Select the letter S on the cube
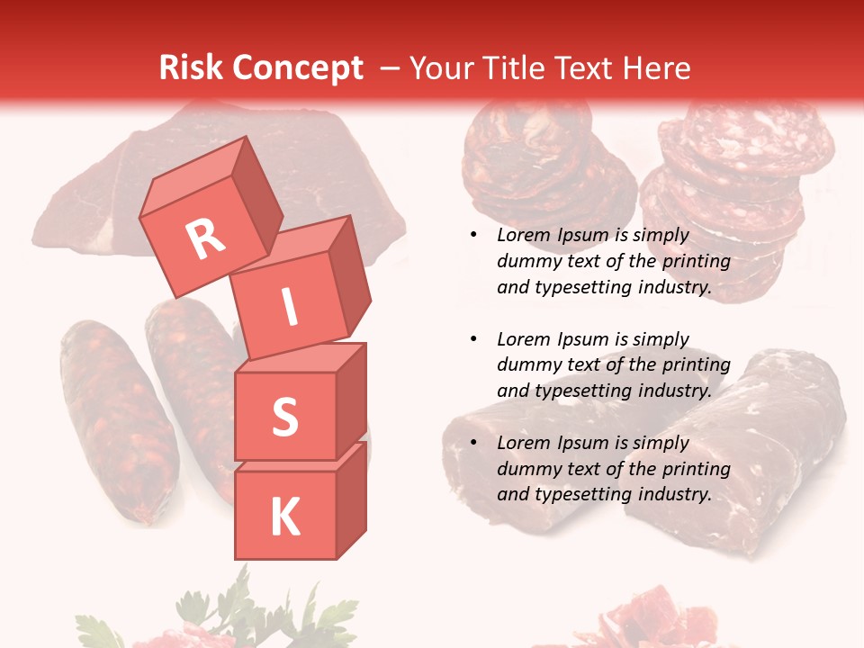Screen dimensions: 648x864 pos(284,417)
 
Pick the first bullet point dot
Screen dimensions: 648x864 pos(473,236)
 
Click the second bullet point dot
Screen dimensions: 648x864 pos(473,339)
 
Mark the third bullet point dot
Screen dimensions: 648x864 pos(473,443)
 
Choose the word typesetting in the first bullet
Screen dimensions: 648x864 pos(579,288)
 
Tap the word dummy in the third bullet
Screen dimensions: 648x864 pos(530,469)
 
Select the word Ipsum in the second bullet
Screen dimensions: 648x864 pos(584,339)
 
